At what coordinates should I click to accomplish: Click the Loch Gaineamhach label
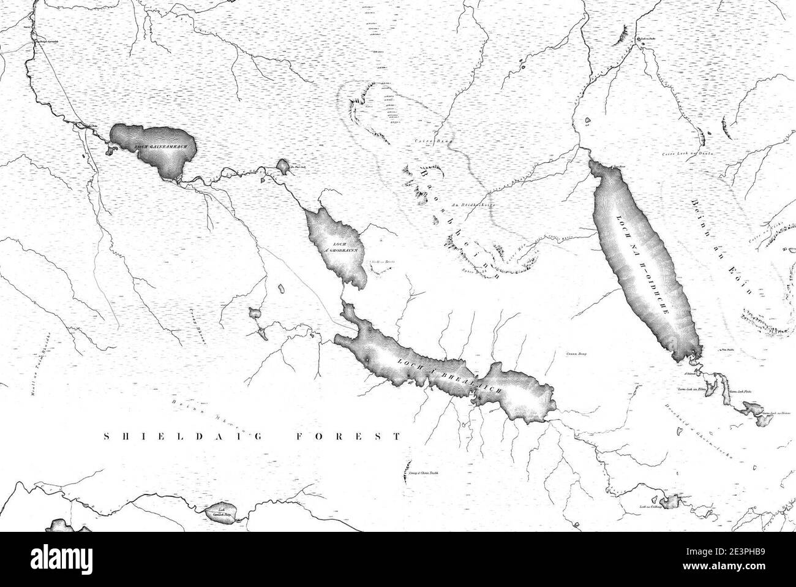158,147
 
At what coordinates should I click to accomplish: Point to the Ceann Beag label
572,354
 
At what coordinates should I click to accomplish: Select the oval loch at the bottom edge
218,511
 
